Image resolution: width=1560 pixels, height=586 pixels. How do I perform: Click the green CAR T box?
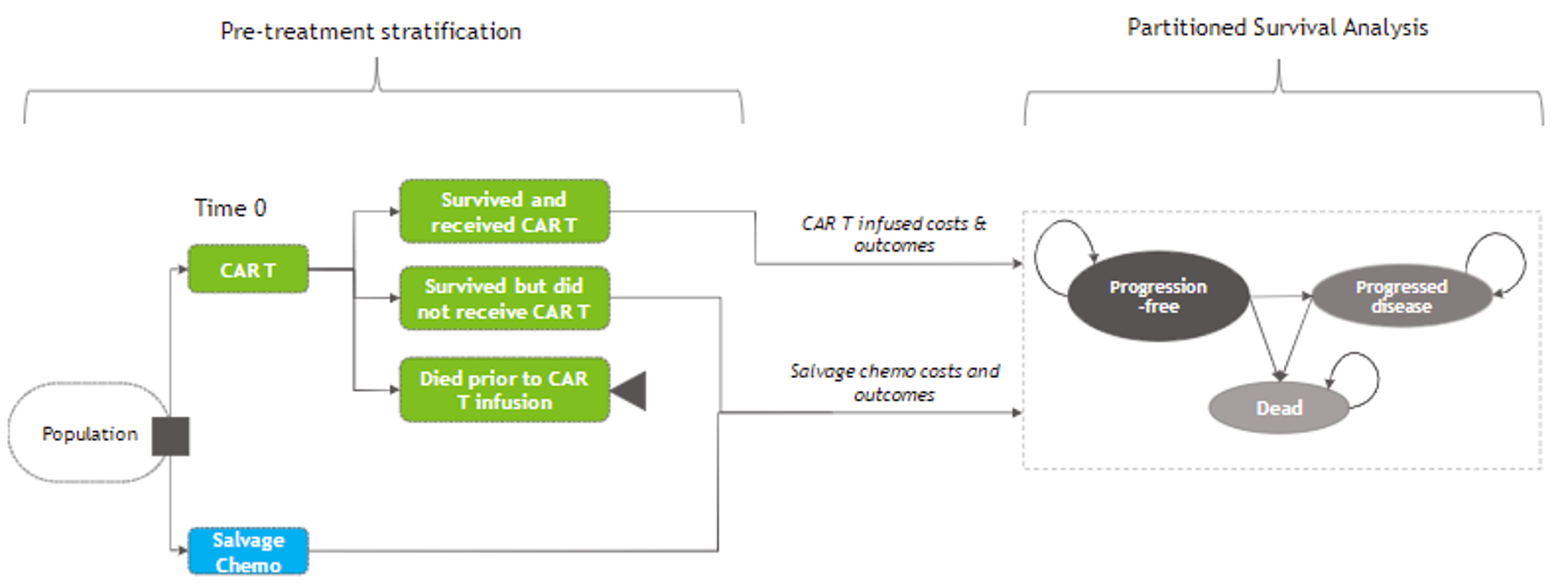[248, 269]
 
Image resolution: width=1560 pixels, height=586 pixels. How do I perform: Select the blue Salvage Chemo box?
[248, 552]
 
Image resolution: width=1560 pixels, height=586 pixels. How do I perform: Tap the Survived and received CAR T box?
[504, 211]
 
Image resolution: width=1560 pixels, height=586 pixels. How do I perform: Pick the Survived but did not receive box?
[504, 298]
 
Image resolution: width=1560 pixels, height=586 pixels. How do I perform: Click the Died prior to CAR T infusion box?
[504, 390]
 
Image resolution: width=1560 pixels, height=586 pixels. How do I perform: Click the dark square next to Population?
[171, 436]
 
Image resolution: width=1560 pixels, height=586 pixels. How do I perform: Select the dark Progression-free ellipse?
[1157, 296]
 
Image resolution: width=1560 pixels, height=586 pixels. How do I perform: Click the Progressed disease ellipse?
[1401, 296]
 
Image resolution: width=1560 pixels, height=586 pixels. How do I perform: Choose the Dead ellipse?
[1278, 407]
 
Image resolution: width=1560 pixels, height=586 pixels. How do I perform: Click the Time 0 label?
[230, 209]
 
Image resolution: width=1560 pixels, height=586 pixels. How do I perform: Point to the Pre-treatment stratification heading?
[371, 31]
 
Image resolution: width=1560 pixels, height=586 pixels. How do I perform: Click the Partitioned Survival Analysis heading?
[1277, 28]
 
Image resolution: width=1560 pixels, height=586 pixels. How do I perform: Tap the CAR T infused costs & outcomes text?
[894, 234]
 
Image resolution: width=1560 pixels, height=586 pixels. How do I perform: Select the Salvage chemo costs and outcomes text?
[894, 383]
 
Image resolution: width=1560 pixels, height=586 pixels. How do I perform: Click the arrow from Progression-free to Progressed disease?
[1280, 296]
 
